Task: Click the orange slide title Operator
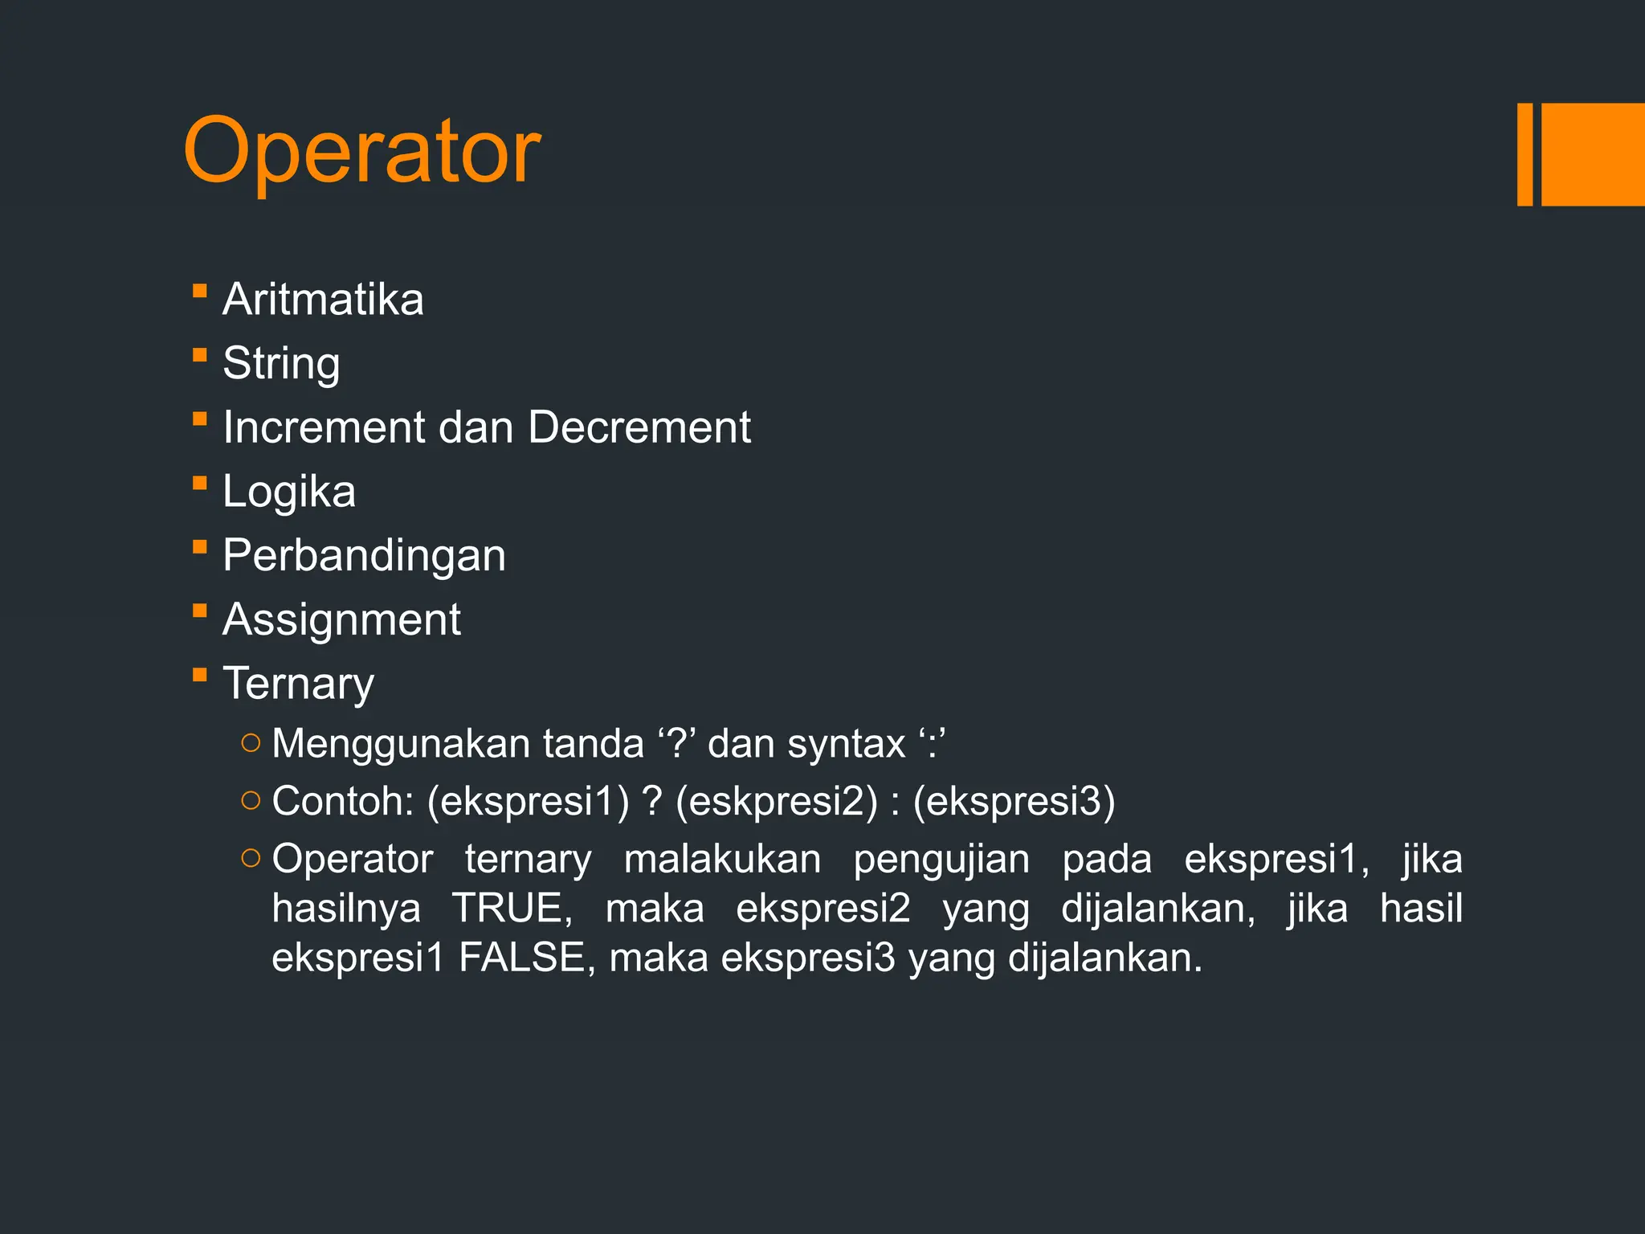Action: (361, 151)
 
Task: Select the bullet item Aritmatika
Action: (323, 299)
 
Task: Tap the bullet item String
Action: (281, 363)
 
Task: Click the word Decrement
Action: (639, 427)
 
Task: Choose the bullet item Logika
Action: (289, 491)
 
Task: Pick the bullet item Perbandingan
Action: (364, 555)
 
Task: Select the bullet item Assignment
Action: (341, 619)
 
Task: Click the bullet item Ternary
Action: (298, 684)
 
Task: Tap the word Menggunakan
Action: (401, 743)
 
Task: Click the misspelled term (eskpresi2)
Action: (777, 801)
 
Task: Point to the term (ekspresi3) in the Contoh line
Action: (1014, 801)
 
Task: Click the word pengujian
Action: (941, 859)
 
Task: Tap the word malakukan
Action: (722, 859)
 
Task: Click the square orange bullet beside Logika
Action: (200, 483)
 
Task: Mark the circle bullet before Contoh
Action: (251, 800)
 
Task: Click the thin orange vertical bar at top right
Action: (1525, 154)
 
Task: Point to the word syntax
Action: (846, 743)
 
